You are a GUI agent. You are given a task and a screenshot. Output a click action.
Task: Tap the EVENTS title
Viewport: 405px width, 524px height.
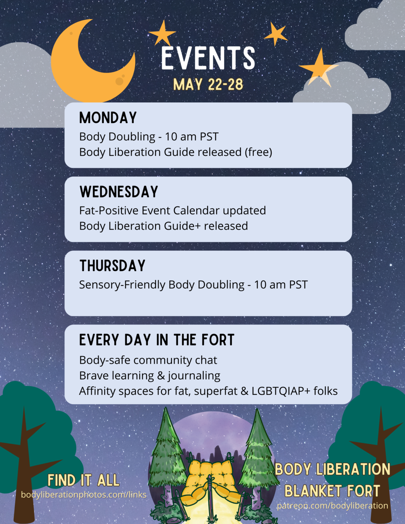[x=208, y=58]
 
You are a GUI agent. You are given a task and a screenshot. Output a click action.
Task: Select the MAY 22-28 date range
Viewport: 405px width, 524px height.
[x=208, y=85]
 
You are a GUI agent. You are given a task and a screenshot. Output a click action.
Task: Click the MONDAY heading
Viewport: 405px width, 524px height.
[x=108, y=118]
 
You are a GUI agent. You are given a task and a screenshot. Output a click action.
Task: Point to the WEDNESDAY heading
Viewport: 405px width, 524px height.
[x=119, y=192]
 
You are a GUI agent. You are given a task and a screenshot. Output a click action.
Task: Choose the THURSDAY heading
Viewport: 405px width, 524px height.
[x=112, y=266]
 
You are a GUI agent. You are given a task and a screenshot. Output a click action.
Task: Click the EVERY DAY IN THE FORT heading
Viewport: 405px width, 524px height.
[x=157, y=340]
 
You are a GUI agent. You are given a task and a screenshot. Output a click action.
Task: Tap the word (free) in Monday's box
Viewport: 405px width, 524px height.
[x=258, y=152]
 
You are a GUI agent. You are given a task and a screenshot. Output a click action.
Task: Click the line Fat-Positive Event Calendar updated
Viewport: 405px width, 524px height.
[x=172, y=210]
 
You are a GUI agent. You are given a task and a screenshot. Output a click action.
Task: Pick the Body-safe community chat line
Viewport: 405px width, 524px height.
[x=148, y=360]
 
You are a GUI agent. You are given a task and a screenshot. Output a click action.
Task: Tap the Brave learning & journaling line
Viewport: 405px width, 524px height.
[x=149, y=376]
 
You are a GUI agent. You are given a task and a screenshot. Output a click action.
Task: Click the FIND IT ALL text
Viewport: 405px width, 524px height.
[x=84, y=480]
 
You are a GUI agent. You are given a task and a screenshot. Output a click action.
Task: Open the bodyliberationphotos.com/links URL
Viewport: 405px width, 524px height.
[x=84, y=495]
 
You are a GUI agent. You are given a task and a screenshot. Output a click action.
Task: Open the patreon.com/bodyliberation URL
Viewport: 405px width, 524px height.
[x=332, y=506]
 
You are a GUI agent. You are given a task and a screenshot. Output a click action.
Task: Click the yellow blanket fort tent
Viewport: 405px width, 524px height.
[x=210, y=478]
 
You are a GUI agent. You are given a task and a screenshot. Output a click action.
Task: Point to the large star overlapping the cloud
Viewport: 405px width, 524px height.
[x=318, y=68]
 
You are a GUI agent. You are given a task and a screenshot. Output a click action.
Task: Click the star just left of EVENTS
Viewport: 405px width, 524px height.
[x=162, y=33]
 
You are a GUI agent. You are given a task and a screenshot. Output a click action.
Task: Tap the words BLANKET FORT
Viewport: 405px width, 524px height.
[x=332, y=491]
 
